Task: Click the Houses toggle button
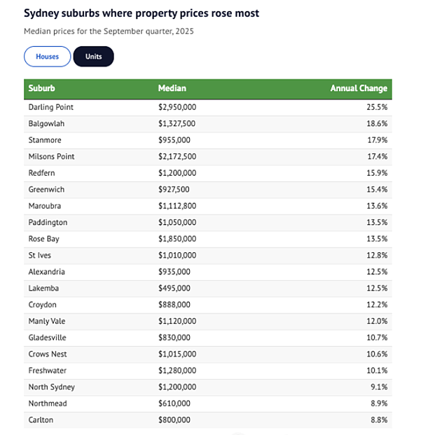48,57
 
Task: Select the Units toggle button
93,57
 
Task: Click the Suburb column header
41,88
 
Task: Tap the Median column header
172,88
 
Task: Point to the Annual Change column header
359,88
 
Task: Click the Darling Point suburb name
50,107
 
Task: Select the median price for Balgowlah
177,124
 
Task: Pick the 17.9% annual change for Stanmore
377,140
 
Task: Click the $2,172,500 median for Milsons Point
177,156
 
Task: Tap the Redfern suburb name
41,173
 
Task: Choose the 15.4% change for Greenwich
377,189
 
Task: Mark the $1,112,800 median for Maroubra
177,206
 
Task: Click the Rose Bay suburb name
44,239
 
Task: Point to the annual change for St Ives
377,255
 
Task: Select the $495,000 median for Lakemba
174,288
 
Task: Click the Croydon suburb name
43,305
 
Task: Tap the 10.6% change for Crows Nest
377,354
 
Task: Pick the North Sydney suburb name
52,387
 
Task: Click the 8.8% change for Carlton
379,420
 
